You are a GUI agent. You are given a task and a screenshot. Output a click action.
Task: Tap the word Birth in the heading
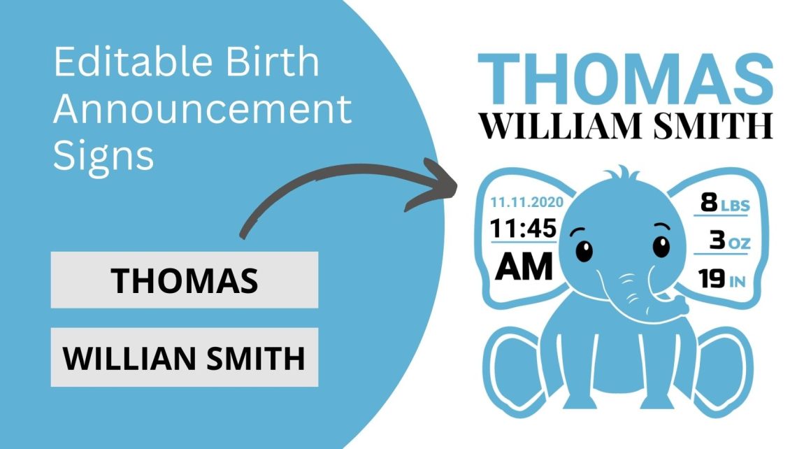[x=273, y=62]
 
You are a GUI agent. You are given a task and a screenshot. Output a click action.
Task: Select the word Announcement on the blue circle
[x=202, y=108]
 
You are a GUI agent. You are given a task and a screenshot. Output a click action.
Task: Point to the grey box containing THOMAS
[x=185, y=280]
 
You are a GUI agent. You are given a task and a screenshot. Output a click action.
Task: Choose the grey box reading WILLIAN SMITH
[x=185, y=357]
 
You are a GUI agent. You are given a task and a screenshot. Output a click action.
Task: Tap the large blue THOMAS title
[x=626, y=78]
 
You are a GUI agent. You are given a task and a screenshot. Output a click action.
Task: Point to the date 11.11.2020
[x=526, y=202]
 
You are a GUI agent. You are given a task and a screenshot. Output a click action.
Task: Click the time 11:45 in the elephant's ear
[x=523, y=228]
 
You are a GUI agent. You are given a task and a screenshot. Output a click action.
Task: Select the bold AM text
[x=524, y=266]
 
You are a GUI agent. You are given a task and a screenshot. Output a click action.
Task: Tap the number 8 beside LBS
[x=708, y=202]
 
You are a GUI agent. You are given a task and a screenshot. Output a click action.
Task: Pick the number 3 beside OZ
[x=717, y=239]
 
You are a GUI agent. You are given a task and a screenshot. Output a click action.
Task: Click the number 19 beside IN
[x=711, y=278]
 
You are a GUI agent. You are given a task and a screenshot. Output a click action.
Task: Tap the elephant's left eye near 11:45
[x=584, y=250]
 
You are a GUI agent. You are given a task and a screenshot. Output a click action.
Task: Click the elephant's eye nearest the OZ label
[x=661, y=246]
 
